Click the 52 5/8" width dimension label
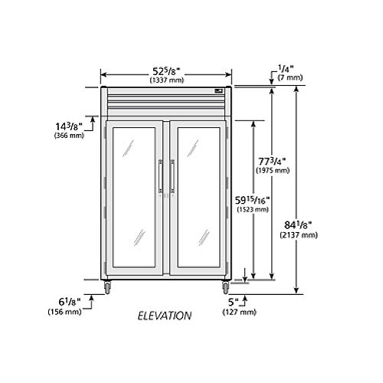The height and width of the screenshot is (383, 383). coord(166,71)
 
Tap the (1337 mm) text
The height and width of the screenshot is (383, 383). coord(167,80)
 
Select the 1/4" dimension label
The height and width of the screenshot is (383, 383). coord(286,69)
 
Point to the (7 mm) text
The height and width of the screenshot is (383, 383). coord(290,77)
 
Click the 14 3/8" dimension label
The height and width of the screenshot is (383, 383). coord(69,126)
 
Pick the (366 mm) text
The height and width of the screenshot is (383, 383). coord(69,136)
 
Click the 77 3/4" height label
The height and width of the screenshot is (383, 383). coord(272,162)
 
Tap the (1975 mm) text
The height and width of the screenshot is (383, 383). coord(273,170)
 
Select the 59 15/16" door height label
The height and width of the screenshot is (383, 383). coord(252,201)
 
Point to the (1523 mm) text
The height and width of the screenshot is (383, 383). coord(253,210)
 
